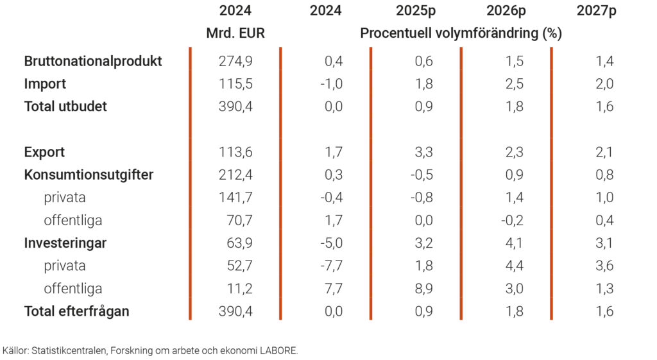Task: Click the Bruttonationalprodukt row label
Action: [93, 62]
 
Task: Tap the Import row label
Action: [45, 84]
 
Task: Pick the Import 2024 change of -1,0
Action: [331, 84]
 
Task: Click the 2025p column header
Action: [416, 11]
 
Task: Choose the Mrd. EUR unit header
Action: [235, 33]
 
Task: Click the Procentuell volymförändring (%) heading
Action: [461, 33]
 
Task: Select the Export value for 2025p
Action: [424, 153]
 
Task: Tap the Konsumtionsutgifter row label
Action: [89, 175]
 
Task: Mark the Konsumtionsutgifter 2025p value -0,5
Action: [422, 175]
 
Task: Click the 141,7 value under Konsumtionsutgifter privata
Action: [236, 198]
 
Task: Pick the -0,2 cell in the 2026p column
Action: [512, 221]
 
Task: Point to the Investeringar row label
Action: [65, 243]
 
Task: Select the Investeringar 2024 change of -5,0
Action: [331, 243]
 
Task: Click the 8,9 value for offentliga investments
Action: [424, 289]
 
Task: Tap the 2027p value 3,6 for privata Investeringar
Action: [604, 266]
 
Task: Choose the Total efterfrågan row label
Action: [77, 312]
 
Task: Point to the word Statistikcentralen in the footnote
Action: [65, 351]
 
